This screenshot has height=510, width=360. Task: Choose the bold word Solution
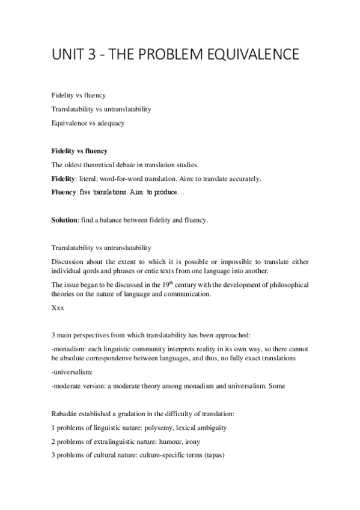coord(65,220)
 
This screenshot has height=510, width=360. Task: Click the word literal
coord(92,179)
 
